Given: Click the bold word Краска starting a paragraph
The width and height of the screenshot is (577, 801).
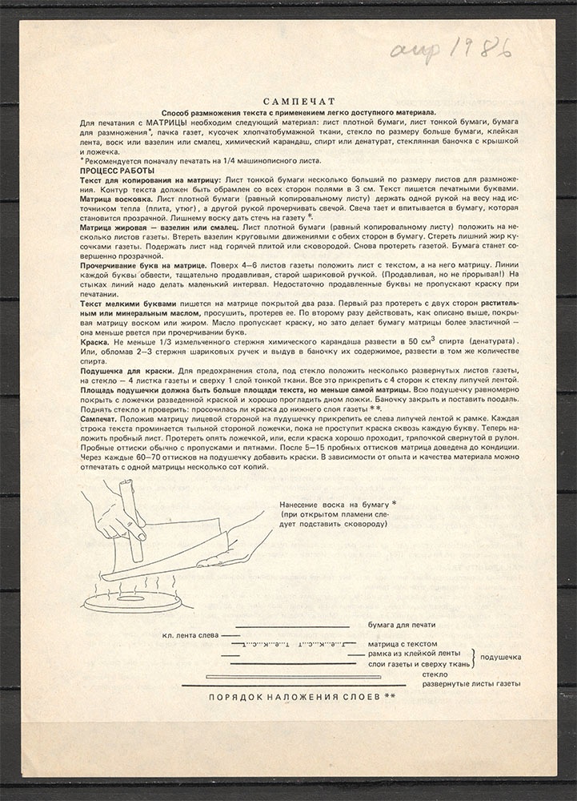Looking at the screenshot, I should coord(95,341).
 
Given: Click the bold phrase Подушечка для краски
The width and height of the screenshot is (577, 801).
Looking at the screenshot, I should coord(127,373).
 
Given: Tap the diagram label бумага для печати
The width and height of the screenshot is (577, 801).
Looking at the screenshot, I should coord(401,625).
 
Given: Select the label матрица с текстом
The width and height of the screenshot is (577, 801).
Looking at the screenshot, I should coord(402,643).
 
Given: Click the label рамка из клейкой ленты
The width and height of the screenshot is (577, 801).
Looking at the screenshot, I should coord(414,654).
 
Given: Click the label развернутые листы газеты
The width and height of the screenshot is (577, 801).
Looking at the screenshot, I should coord(471,684).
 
